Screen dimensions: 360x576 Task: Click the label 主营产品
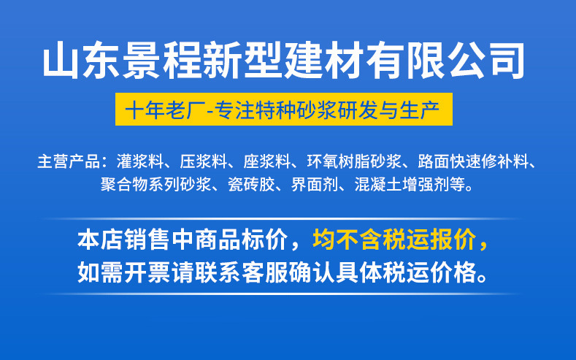66,161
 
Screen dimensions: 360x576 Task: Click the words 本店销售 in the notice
120,240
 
